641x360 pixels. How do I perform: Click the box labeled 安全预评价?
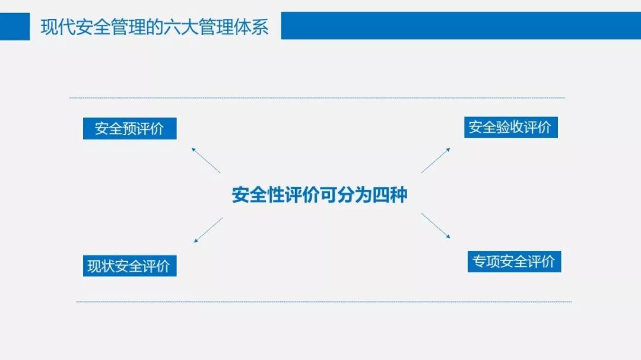(x=129, y=129)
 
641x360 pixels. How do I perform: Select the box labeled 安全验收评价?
(x=510, y=127)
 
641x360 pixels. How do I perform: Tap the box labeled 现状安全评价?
(x=129, y=266)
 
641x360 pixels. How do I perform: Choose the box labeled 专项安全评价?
(x=514, y=262)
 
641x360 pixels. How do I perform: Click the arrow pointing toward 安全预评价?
(x=205, y=160)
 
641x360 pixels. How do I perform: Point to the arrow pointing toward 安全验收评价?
(x=436, y=160)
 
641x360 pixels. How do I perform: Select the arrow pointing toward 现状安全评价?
(x=208, y=230)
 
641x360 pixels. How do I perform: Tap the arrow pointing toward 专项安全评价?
(x=436, y=226)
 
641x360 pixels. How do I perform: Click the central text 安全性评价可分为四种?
(x=319, y=195)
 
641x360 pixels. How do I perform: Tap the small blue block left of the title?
(x=15, y=27)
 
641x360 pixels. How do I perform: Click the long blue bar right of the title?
(x=461, y=26)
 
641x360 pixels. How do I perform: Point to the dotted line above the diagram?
(x=318, y=98)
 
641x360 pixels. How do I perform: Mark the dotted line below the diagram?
(x=323, y=302)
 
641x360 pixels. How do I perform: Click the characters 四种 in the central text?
(x=390, y=195)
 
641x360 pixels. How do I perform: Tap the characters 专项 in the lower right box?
(x=486, y=262)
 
